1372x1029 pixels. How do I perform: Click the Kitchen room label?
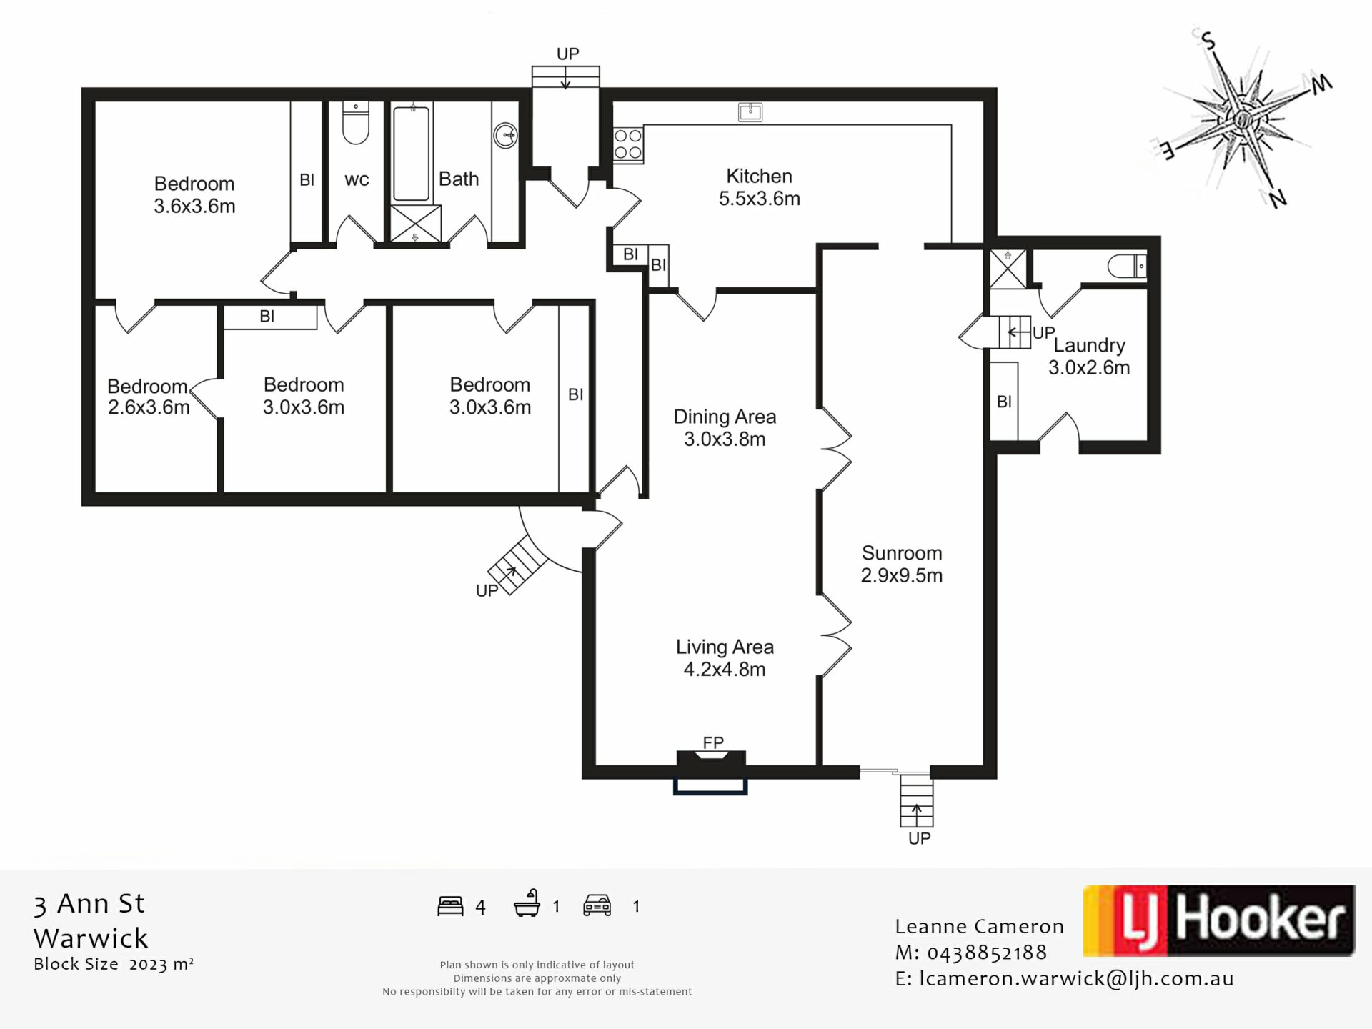tap(759, 187)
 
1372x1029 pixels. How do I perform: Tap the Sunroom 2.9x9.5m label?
tap(901, 564)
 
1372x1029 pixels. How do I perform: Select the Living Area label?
tap(725, 658)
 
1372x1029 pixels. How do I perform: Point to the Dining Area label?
tap(725, 427)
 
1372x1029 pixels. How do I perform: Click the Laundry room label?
tap(1089, 356)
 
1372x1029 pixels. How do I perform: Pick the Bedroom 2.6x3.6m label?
tap(148, 397)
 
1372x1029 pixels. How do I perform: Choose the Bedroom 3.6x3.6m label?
tap(194, 194)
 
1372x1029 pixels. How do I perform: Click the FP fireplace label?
tap(713, 742)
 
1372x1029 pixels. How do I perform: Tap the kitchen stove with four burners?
tap(628, 144)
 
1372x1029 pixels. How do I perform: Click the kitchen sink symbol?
tap(750, 112)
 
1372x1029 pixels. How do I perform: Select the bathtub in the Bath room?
tap(412, 154)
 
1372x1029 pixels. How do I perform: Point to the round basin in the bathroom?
tap(505, 135)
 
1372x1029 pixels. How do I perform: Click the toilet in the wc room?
tap(355, 123)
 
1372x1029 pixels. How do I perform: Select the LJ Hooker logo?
tap(1219, 920)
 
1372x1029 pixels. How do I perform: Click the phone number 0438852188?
tap(986, 953)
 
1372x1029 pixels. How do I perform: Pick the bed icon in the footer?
tap(450, 906)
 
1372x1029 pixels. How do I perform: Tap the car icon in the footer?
tap(597, 905)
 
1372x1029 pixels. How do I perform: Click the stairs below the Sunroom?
tap(916, 801)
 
